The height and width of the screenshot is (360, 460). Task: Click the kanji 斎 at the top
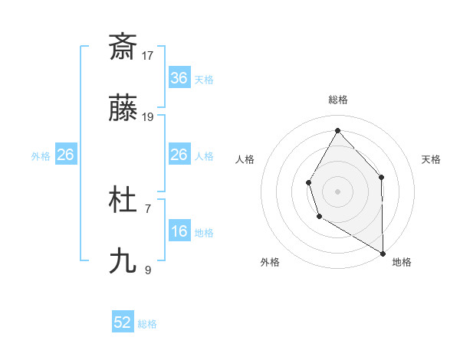tap(123, 47)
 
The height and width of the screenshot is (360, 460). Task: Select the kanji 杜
tap(123, 201)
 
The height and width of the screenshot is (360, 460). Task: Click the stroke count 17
tap(149, 55)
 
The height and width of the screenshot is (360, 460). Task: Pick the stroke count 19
tap(149, 117)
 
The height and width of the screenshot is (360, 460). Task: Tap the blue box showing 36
tap(179, 78)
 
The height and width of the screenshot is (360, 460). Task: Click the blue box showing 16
tap(179, 231)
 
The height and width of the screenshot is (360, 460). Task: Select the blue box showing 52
tap(123, 322)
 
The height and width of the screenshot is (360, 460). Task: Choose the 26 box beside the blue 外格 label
tap(66, 155)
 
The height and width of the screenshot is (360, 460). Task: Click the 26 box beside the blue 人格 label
tap(179, 155)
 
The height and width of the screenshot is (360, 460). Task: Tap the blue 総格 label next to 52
tap(147, 324)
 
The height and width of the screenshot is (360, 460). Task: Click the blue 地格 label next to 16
tap(204, 233)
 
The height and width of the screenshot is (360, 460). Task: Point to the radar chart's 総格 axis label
tap(337, 100)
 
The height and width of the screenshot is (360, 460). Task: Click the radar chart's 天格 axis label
tap(431, 159)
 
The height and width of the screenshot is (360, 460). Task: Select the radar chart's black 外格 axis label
tap(270, 263)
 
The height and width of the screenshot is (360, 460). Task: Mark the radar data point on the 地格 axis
tap(383, 252)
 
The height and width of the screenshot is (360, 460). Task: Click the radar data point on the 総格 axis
tap(337, 129)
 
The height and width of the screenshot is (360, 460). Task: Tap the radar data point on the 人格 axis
tap(308, 182)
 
